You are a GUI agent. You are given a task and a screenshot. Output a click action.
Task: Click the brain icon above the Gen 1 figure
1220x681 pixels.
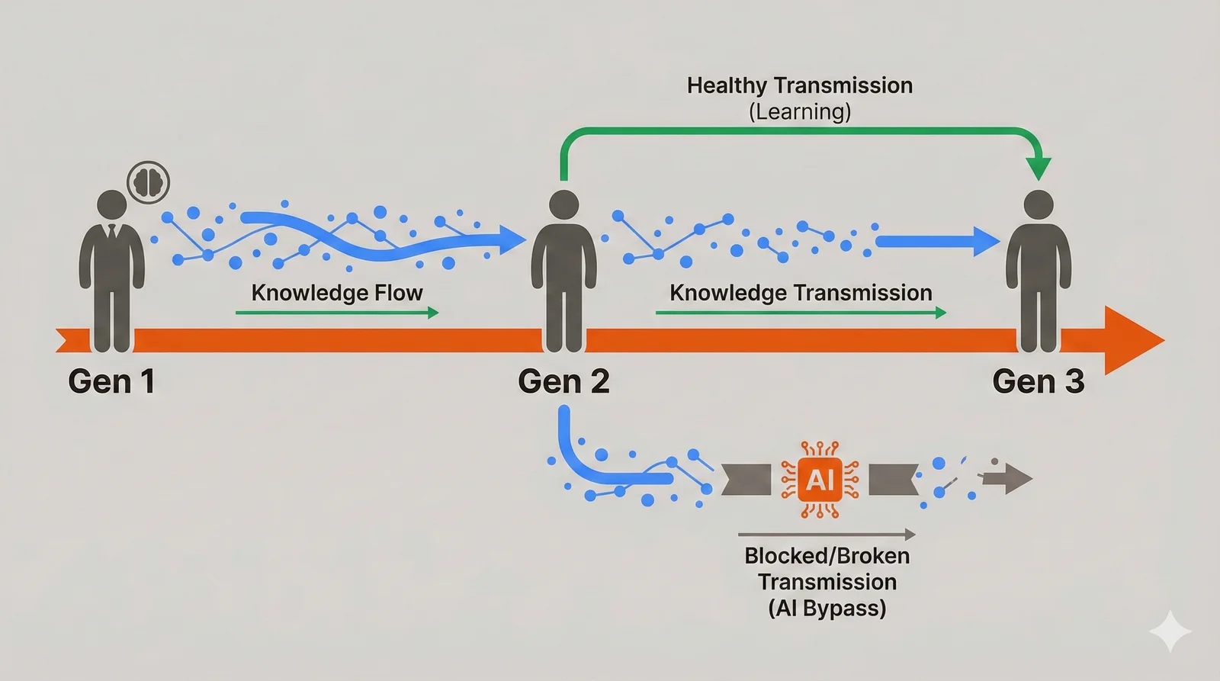point(148,182)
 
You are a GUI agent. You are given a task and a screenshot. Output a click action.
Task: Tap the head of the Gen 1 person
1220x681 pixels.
point(112,205)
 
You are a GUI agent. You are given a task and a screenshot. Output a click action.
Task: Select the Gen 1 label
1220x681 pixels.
point(111,381)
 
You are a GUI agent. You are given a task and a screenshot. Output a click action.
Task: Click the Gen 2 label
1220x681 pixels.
point(563,381)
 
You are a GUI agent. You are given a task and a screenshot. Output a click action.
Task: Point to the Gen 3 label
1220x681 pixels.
point(1038,381)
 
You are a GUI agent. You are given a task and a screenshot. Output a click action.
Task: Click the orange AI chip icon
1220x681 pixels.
point(820,480)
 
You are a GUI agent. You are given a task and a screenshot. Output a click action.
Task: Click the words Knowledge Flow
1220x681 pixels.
point(337,293)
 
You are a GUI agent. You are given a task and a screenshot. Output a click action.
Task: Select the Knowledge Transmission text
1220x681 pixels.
point(801,293)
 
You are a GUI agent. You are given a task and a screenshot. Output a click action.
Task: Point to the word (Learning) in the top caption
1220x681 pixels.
point(800,112)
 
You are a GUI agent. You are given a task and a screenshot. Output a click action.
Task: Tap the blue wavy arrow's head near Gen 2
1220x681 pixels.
point(512,239)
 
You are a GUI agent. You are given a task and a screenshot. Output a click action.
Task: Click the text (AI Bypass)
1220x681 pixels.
point(827,609)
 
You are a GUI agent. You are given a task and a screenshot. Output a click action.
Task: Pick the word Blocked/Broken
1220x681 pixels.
point(827,556)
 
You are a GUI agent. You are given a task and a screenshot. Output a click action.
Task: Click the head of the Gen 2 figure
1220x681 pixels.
point(564,205)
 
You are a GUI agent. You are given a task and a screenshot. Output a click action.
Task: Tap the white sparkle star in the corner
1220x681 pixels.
point(1170,631)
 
